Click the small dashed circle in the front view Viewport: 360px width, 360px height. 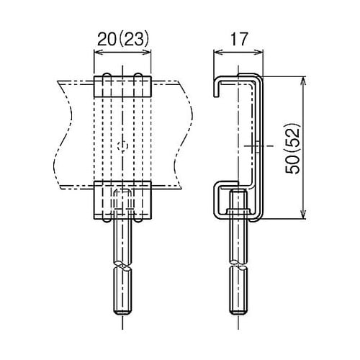[123, 145]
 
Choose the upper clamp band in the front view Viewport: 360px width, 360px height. [123, 87]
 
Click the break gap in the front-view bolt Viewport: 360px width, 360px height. [123, 266]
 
